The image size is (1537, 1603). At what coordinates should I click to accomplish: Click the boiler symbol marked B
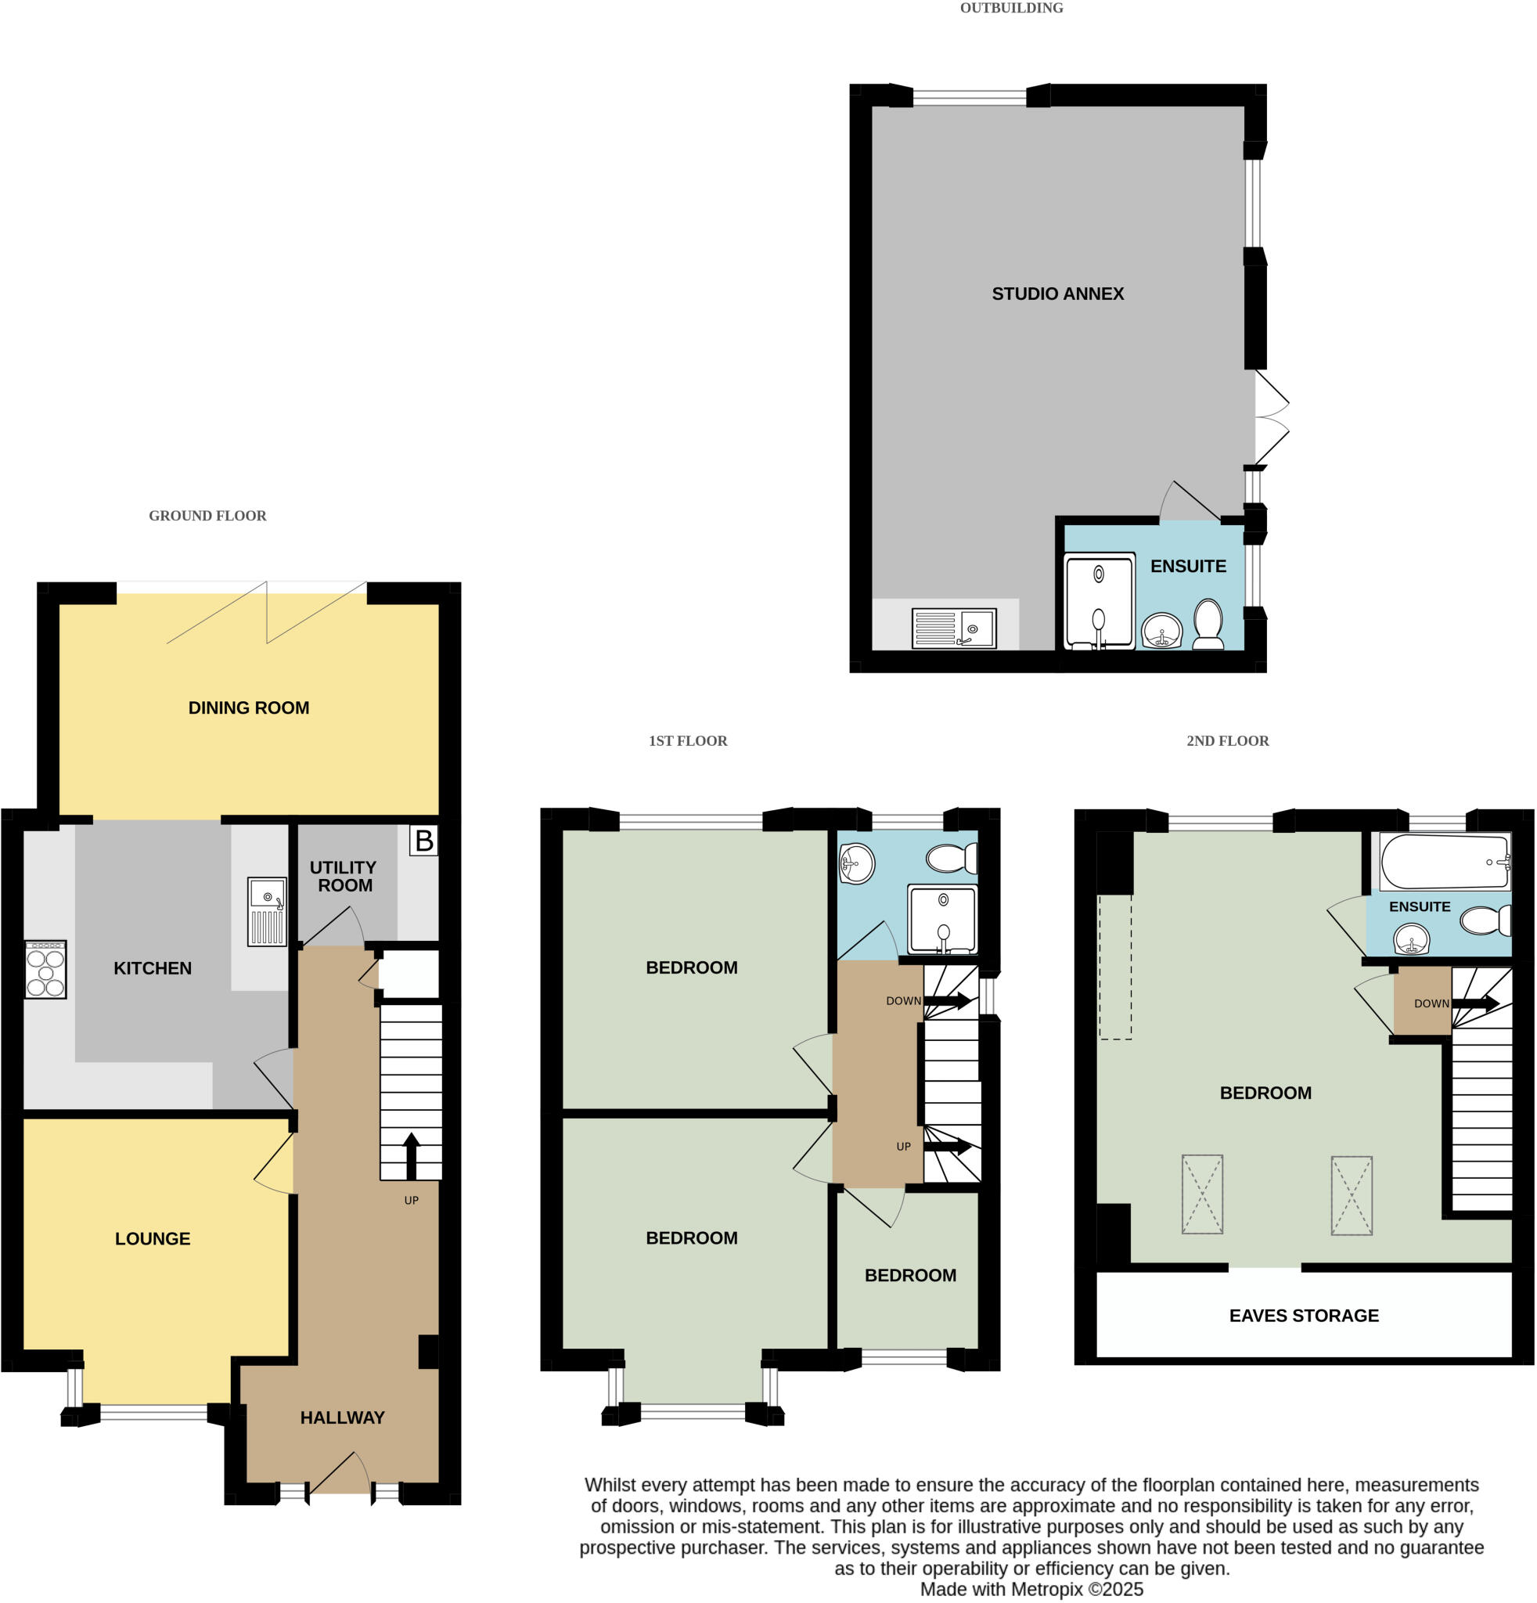(x=423, y=841)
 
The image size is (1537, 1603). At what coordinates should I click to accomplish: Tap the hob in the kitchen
(x=46, y=970)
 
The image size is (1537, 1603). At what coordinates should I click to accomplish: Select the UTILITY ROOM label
(x=344, y=876)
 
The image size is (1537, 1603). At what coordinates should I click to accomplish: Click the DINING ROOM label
(x=249, y=708)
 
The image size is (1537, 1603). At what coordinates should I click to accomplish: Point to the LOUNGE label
(x=153, y=1239)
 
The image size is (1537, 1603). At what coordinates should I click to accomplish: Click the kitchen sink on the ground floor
(x=268, y=912)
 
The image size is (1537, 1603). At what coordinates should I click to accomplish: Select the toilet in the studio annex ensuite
(x=1208, y=624)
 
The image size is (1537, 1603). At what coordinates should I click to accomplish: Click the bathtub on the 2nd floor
(x=1444, y=862)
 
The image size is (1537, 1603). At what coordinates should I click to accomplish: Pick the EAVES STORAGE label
(x=1304, y=1316)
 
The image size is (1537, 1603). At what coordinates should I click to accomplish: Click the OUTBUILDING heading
(x=1011, y=8)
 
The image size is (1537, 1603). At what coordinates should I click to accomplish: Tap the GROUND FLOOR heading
(x=207, y=516)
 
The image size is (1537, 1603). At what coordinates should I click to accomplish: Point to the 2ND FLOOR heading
(x=1227, y=741)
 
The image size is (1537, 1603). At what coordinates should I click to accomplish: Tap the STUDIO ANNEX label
(x=1057, y=294)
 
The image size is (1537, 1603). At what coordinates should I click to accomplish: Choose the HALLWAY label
(x=342, y=1418)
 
